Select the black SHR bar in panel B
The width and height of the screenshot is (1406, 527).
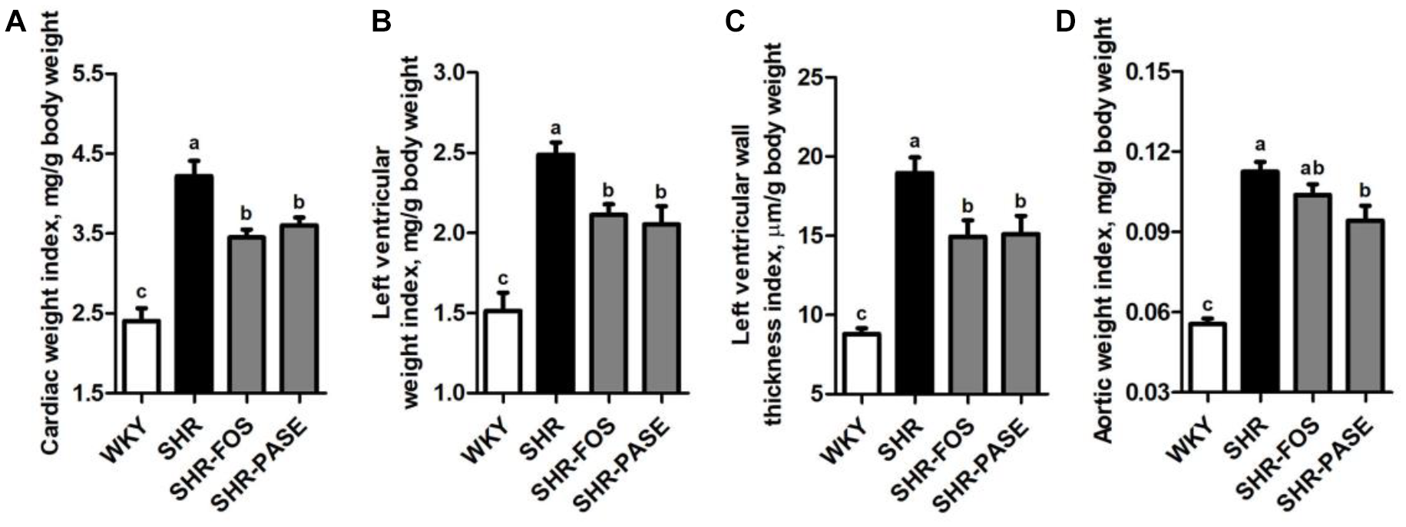[555, 273]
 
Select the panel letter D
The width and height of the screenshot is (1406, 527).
[1066, 23]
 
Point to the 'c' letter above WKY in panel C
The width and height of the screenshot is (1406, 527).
[862, 313]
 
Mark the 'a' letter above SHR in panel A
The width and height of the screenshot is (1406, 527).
[194, 143]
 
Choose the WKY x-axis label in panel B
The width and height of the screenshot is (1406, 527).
[484, 439]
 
